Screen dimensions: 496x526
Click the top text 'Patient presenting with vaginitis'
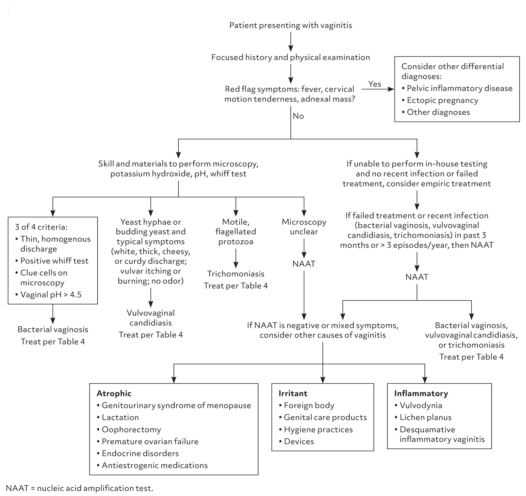[x=290, y=25]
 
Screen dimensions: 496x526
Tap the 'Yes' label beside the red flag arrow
[x=374, y=84]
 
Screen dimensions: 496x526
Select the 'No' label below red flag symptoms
[x=298, y=116]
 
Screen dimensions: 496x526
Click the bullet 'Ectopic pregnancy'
[x=442, y=100]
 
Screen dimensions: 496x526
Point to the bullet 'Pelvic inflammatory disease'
[x=459, y=88]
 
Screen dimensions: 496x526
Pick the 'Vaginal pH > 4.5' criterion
[x=51, y=294]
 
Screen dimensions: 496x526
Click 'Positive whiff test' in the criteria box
[x=54, y=260]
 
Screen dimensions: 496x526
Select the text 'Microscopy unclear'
[x=304, y=227]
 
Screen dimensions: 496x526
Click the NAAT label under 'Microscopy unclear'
[x=304, y=264]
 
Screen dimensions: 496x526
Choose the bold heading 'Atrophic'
[x=114, y=393]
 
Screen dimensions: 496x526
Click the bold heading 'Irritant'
[x=293, y=393]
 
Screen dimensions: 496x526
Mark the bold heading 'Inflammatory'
[x=421, y=393]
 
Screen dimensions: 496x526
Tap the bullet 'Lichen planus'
[x=425, y=417]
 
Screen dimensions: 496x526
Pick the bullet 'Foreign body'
[x=309, y=405]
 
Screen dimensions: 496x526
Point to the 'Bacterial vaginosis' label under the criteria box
[x=53, y=329]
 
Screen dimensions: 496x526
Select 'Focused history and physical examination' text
[x=290, y=57]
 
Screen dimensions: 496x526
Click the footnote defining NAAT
[x=79, y=488]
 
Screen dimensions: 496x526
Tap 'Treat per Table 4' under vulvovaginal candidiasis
[x=150, y=335]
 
